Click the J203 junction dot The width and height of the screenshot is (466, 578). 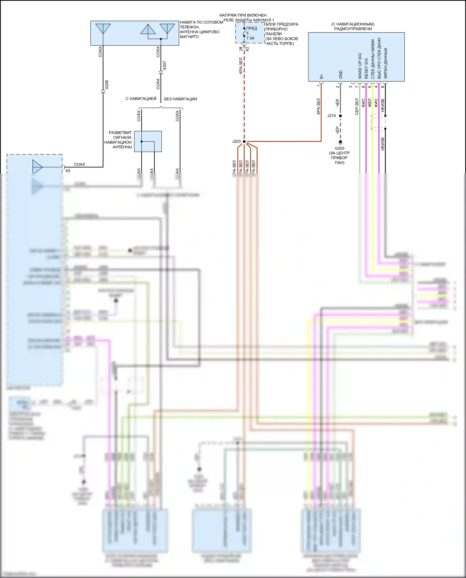[244, 142]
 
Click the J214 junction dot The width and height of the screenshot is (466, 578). [340, 116]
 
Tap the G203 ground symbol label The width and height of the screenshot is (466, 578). [339, 148]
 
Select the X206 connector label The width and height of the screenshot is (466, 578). [107, 85]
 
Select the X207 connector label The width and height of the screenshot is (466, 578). [165, 66]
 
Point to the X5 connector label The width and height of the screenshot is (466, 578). [68, 171]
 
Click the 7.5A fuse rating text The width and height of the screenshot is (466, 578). [250, 38]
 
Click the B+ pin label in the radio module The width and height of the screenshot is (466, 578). [321, 76]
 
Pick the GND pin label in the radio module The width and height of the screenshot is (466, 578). [340, 75]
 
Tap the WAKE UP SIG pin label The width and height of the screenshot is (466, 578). [360, 66]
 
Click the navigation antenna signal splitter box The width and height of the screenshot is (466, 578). [148, 141]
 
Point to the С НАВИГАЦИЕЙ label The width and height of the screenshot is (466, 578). [141, 99]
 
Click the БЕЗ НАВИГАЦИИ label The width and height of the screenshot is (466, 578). [180, 99]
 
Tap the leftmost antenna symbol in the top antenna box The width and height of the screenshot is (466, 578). [103, 29]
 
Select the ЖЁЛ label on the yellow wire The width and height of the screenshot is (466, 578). [370, 103]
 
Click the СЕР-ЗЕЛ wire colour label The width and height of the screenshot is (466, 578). [357, 107]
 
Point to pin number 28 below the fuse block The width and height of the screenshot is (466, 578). [241, 49]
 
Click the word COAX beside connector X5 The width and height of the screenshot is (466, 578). [80, 164]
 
